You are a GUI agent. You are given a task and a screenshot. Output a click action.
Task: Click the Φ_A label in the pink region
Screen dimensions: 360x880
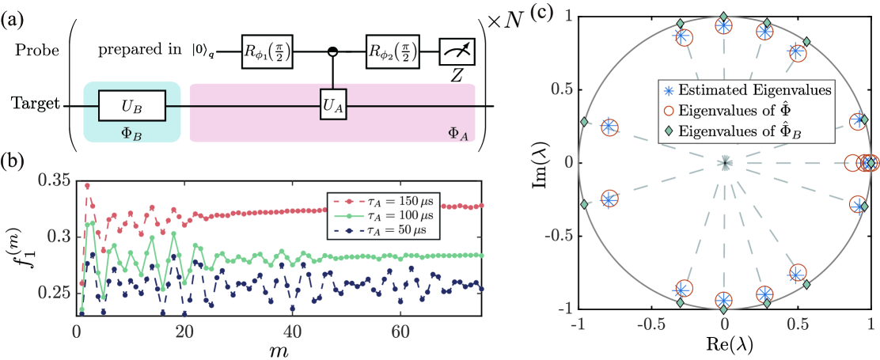pyautogui.click(x=456, y=134)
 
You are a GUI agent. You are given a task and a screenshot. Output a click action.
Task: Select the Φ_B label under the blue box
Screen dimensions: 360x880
pyautogui.click(x=131, y=134)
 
